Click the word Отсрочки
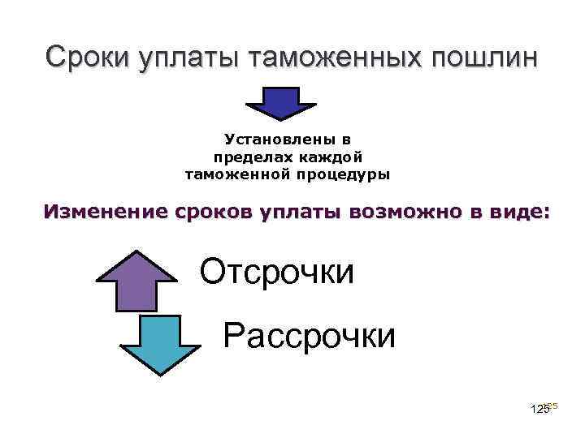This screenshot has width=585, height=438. click(x=277, y=272)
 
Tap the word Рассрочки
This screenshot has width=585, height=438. click(x=310, y=334)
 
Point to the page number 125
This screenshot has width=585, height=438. click(x=539, y=410)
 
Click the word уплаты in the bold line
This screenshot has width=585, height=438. click(x=303, y=213)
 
